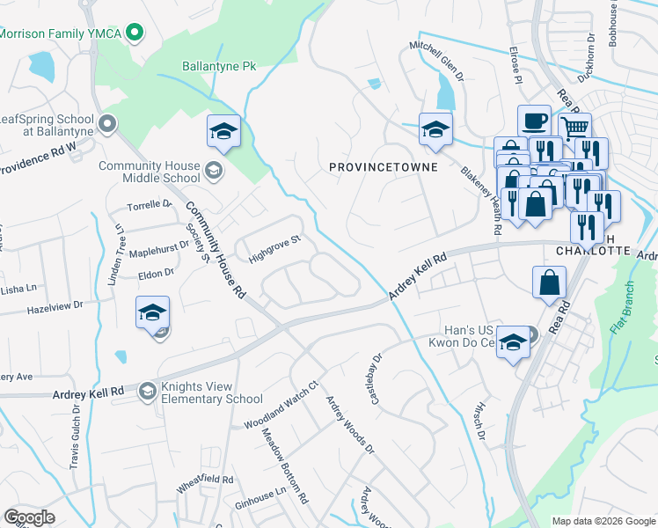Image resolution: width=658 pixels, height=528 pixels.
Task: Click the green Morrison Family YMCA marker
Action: pyautogui.click(x=134, y=33)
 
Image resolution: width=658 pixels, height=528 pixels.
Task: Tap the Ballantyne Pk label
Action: pyautogui.click(x=218, y=66)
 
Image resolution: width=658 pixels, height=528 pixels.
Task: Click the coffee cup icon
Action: pyautogui.click(x=533, y=121)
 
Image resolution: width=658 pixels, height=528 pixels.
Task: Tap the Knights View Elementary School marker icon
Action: pyautogui.click(x=147, y=391)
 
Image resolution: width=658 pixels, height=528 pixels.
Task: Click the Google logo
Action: pyautogui.click(x=29, y=517)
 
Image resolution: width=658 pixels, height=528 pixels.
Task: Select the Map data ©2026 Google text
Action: pyautogui.click(x=603, y=521)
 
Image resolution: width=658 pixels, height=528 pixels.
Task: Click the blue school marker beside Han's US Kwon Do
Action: pyautogui.click(x=513, y=344)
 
